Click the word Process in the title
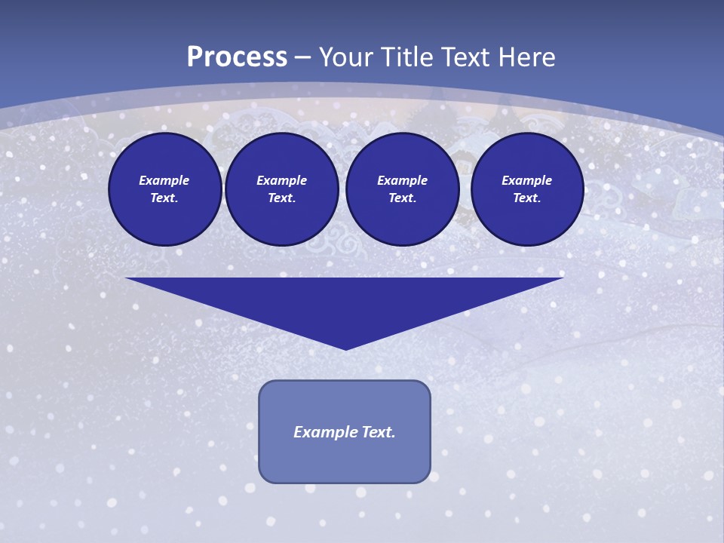pyautogui.click(x=237, y=57)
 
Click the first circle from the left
pyautogui.click(x=164, y=189)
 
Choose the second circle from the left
pyautogui.click(x=281, y=189)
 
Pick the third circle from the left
pyautogui.click(x=402, y=189)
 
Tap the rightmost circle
pyautogui.click(x=526, y=189)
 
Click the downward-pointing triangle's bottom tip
pyautogui.click(x=345, y=348)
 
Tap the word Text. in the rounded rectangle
pyautogui.click(x=379, y=432)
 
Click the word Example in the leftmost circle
pyautogui.click(x=164, y=180)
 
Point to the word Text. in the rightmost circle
pyautogui.click(x=526, y=198)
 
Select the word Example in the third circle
pyautogui.click(x=402, y=180)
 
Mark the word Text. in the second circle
pyautogui.click(x=281, y=198)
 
